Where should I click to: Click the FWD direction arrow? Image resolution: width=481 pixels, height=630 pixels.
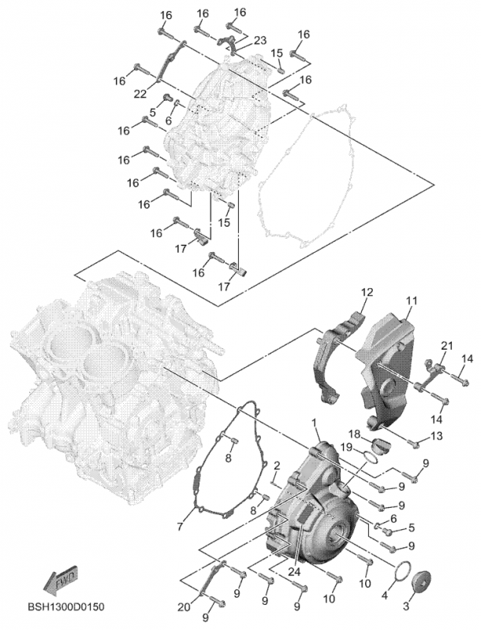click(60, 579)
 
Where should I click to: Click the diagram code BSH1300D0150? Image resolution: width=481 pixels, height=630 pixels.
click(66, 606)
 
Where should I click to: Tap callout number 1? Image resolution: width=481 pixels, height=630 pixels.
click(314, 423)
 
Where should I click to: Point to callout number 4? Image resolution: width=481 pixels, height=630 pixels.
click(385, 595)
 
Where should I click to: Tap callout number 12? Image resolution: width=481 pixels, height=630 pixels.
click(367, 292)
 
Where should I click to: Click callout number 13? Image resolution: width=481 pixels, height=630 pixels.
click(436, 435)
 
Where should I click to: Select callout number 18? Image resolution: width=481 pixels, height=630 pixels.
click(354, 434)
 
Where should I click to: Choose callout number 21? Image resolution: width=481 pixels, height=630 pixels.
click(446, 346)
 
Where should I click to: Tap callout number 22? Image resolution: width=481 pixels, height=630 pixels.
click(140, 94)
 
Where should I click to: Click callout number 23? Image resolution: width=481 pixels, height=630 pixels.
click(259, 40)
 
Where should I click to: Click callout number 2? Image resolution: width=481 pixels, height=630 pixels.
click(277, 466)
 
